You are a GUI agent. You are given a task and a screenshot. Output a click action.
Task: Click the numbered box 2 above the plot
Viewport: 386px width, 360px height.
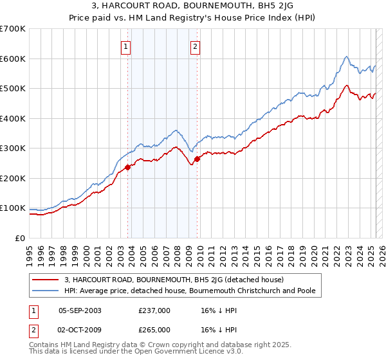(x=194, y=46)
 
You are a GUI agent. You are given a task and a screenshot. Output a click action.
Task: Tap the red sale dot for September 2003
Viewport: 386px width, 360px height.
(x=127, y=167)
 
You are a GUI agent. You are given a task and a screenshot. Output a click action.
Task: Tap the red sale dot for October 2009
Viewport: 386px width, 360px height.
(x=197, y=159)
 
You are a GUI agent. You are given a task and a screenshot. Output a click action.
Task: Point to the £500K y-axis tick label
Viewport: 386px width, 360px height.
(x=13, y=89)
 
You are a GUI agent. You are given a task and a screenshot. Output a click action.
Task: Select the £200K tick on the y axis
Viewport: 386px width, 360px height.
(x=13, y=178)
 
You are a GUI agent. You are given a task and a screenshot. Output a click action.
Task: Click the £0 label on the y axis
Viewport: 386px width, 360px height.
(x=20, y=238)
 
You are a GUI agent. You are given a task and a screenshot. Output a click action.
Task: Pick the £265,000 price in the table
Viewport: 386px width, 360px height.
(x=154, y=330)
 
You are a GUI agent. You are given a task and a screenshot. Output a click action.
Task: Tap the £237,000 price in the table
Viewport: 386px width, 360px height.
(x=154, y=310)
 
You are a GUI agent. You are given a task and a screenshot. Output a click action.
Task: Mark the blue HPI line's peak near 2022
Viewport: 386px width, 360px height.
(x=346, y=57)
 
